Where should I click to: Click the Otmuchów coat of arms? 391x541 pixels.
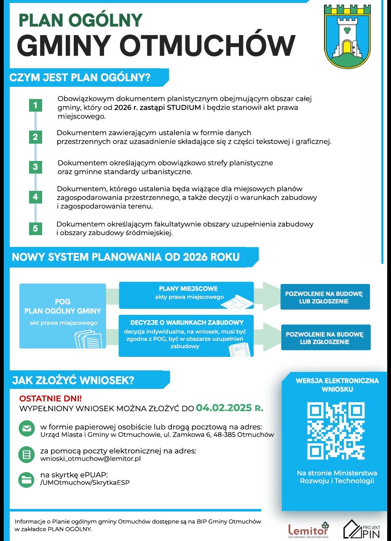(x=347, y=37)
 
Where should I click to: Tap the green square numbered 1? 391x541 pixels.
(x=35, y=105)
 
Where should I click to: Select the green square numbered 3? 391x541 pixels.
(x=35, y=167)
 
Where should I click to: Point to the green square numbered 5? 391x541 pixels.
(x=35, y=229)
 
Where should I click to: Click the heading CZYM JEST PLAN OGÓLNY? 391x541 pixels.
(x=80, y=78)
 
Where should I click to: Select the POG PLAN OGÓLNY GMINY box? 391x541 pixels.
(x=62, y=316)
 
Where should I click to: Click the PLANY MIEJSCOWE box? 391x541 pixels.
(x=186, y=295)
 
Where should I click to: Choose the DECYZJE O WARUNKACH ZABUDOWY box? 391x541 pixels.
(x=186, y=335)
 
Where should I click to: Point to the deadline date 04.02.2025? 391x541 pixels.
(x=224, y=408)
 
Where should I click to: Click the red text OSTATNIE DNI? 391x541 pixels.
(x=51, y=398)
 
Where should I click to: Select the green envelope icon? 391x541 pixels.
(x=27, y=429)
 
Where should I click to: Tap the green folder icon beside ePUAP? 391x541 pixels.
(x=27, y=479)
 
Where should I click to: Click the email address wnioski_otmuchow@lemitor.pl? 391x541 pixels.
(x=90, y=458)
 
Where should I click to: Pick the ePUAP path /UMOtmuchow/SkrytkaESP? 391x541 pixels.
(x=85, y=482)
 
